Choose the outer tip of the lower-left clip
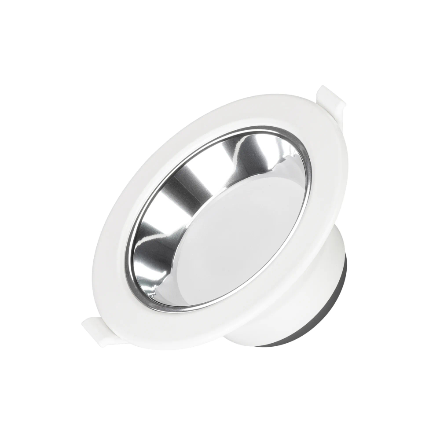tap(84, 325)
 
